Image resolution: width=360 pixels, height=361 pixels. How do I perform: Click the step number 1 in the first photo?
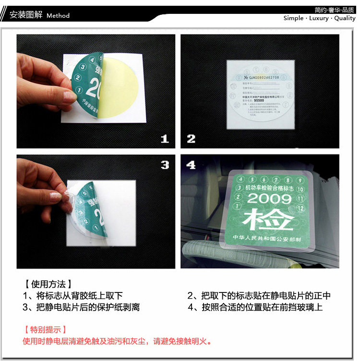pos(165,139)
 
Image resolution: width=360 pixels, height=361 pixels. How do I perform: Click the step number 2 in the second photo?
pos(191,139)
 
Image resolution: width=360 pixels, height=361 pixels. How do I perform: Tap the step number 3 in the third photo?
pos(165,165)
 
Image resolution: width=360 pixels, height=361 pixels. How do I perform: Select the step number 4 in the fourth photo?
pos(191,165)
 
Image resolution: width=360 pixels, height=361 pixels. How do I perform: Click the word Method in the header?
pos(58,15)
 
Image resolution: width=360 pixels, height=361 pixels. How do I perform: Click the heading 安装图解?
pos(26,15)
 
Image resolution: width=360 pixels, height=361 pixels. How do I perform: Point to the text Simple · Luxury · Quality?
pos(319,18)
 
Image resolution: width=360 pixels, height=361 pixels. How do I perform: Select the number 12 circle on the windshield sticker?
pos(301,208)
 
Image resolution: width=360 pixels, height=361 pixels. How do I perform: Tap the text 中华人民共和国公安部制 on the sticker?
pos(267,238)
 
